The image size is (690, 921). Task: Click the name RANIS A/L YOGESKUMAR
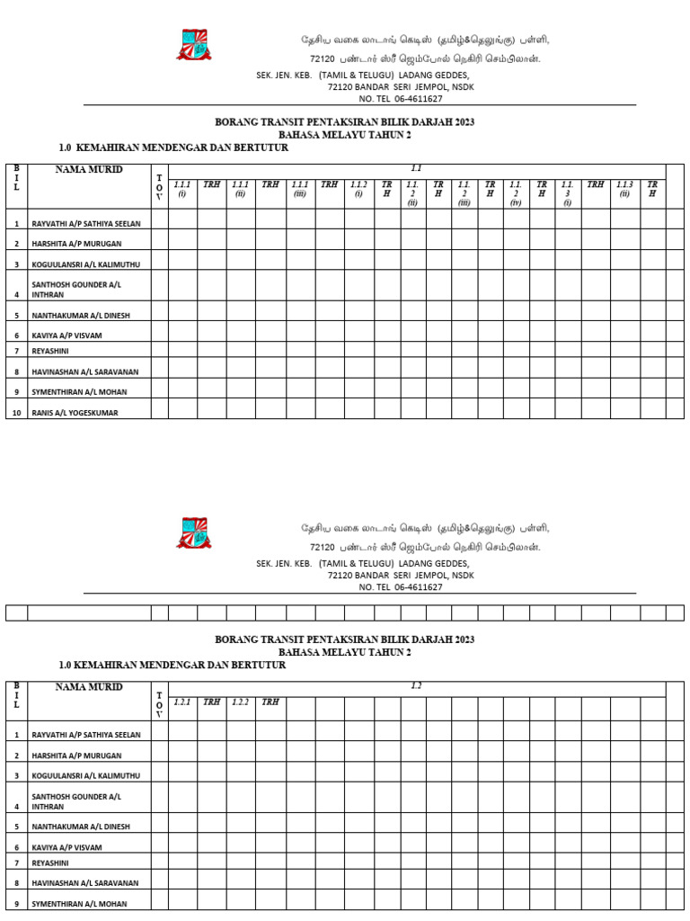coord(75,413)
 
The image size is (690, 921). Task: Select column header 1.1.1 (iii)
coord(300,189)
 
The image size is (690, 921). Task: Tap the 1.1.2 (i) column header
coord(358,189)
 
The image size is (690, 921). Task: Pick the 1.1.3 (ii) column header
coord(624,189)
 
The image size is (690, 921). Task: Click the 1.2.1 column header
coord(182,702)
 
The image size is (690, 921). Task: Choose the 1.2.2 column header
coord(241,702)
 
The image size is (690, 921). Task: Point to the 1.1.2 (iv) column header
coord(516,193)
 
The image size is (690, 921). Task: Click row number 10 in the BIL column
coord(16,413)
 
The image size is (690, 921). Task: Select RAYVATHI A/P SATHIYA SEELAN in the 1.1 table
coord(86,223)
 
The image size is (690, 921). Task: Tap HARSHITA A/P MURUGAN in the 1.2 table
coord(76,755)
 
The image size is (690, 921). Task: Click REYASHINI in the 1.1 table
coord(50,351)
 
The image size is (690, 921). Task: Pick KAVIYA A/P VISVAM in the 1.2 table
coord(66,847)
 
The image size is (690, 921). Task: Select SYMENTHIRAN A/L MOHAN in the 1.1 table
coord(79,392)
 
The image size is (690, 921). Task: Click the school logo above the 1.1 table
coord(194,45)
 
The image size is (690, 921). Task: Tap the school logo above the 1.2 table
coord(194,533)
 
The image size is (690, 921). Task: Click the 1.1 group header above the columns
coord(416,169)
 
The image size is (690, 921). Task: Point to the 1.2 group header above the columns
coord(416,686)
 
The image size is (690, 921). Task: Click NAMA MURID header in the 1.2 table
coord(89,687)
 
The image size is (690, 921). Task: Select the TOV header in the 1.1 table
coord(159,187)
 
